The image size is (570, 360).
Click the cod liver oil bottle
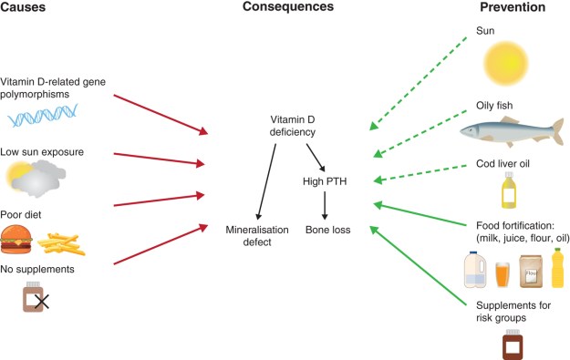[509, 191]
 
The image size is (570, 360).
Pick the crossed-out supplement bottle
[36, 298]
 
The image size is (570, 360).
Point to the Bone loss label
[326, 230]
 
